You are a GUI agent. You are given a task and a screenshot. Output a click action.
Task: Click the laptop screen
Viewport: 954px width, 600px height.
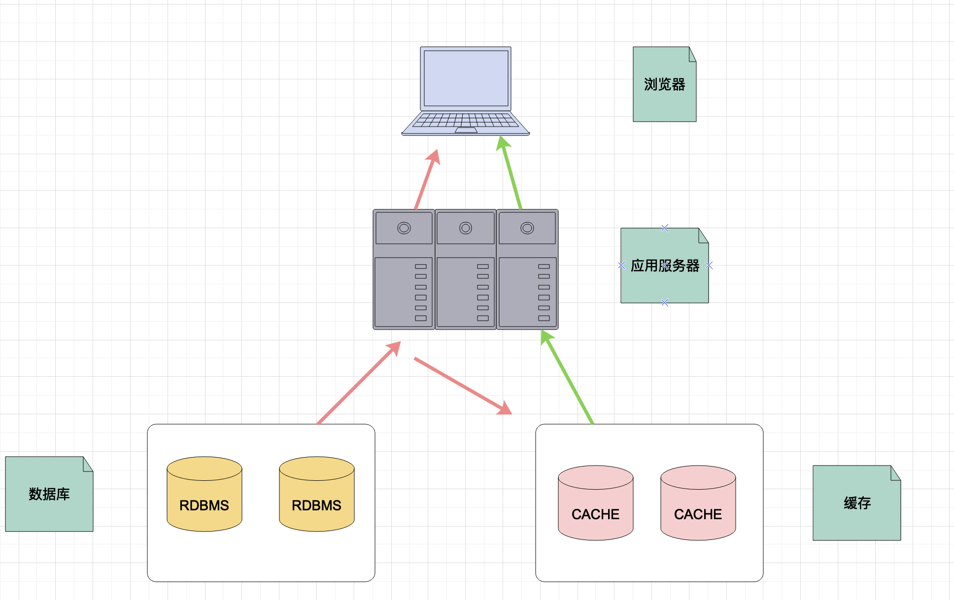click(x=466, y=78)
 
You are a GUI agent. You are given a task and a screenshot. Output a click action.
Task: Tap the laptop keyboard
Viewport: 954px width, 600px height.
click(x=466, y=120)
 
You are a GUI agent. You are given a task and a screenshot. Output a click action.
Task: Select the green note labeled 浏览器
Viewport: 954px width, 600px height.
click(x=664, y=84)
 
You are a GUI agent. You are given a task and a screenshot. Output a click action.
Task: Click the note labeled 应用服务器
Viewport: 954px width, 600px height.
click(x=664, y=266)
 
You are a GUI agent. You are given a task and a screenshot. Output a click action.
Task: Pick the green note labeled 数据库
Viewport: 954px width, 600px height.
click(x=49, y=494)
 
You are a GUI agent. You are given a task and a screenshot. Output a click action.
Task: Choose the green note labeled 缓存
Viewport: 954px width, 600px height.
click(x=857, y=503)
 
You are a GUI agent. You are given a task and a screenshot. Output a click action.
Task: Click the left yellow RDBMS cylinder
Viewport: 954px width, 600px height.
click(x=204, y=494)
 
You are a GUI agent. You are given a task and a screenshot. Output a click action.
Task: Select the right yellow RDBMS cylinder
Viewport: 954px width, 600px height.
click(x=317, y=494)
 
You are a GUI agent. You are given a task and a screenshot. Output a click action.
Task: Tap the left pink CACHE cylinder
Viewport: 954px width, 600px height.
click(x=596, y=503)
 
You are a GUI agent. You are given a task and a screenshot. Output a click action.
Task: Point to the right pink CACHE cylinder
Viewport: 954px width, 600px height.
click(x=698, y=503)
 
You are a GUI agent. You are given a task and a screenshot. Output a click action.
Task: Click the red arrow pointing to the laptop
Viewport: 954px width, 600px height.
click(x=427, y=179)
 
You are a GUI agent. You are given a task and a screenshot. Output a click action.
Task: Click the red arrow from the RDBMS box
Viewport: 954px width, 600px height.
click(x=359, y=382)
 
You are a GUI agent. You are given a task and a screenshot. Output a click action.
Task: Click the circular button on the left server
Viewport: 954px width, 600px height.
click(x=404, y=228)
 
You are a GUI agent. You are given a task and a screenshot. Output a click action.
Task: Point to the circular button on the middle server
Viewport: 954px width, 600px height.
click(x=466, y=228)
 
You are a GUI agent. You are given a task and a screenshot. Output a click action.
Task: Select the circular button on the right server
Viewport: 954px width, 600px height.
click(x=527, y=228)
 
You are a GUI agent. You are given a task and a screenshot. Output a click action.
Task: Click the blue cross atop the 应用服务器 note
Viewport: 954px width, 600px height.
click(x=665, y=228)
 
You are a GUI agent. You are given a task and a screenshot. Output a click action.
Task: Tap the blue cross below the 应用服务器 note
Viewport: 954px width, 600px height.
click(x=665, y=302)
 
